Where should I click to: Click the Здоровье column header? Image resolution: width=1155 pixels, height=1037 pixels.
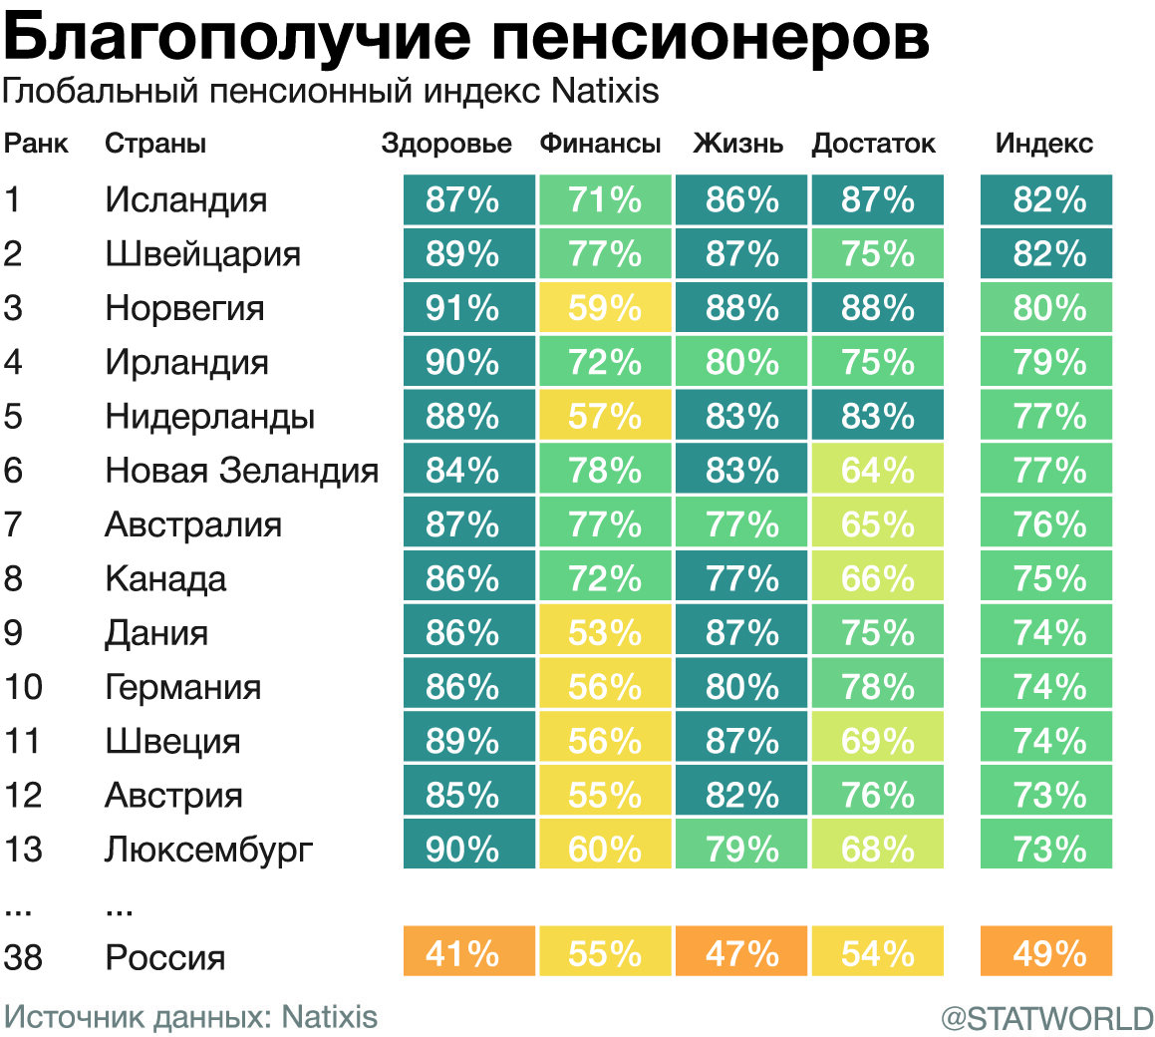click(446, 144)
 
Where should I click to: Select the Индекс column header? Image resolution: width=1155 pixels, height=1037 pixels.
click(1043, 144)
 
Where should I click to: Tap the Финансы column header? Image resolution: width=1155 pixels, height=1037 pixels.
click(600, 144)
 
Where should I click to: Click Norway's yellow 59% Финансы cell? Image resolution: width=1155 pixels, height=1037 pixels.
click(605, 307)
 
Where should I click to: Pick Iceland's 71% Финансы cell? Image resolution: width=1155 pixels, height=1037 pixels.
click(605, 199)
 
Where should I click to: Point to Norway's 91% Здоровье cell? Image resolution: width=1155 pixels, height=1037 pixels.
click(468, 307)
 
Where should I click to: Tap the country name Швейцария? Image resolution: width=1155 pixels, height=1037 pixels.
click(202, 254)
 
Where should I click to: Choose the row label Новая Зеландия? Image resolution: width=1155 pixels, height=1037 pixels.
click(241, 470)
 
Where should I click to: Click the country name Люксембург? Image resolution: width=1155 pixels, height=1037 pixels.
click(208, 850)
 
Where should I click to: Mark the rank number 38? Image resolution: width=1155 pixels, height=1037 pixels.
click(23, 958)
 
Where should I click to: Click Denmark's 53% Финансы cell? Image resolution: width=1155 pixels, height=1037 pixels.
click(605, 632)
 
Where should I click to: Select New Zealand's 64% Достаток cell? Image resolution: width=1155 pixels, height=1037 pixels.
click(877, 470)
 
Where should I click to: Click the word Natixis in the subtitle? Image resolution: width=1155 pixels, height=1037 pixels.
click(605, 92)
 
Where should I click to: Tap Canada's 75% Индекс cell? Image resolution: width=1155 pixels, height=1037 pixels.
click(1046, 578)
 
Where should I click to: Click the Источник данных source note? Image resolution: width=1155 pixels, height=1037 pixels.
click(190, 1017)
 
